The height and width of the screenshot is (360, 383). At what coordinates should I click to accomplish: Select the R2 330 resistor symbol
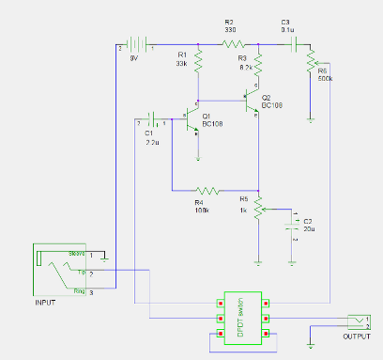click(233, 43)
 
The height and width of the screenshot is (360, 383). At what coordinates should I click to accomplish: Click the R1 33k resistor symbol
click(198, 61)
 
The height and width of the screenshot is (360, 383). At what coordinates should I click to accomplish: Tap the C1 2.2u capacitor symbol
click(153, 121)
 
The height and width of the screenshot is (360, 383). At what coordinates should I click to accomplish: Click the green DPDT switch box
click(242, 320)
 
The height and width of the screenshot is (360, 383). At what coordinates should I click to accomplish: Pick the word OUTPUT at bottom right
click(356, 336)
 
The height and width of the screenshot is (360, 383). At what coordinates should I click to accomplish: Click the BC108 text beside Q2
click(272, 105)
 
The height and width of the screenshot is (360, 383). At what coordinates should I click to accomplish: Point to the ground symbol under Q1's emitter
click(198, 135)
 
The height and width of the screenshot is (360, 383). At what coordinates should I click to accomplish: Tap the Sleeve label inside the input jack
click(78, 254)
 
